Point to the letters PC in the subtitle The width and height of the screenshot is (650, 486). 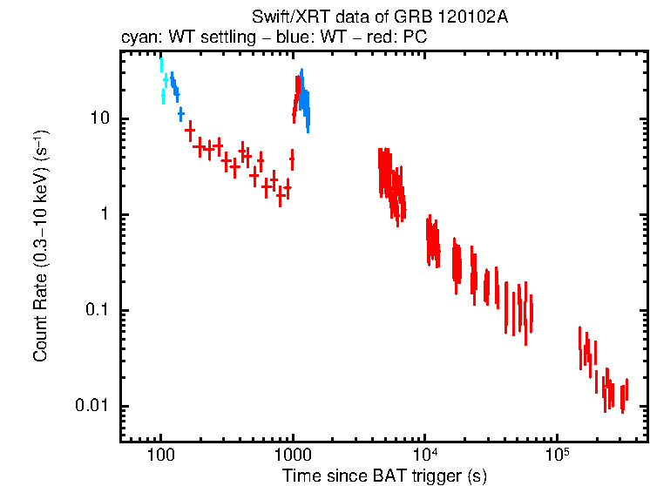416,39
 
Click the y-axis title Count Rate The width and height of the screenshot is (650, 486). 40,246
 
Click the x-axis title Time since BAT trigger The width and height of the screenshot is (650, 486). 383,476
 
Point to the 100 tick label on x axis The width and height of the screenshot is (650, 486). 160,456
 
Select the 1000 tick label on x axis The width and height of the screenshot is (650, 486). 293,456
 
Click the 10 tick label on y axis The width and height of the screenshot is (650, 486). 98,118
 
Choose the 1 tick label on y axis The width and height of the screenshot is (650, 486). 103,214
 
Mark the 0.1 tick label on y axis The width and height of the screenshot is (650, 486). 94,310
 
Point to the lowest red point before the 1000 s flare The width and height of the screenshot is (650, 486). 280,196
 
